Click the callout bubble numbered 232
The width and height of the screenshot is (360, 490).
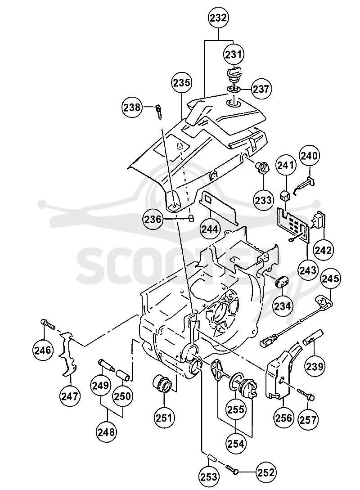(218, 18)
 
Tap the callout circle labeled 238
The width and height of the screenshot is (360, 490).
(131, 108)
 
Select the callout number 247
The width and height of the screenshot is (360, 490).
(69, 396)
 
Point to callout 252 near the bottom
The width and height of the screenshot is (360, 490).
(266, 472)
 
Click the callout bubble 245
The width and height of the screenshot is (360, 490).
(331, 279)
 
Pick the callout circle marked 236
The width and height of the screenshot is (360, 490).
(153, 220)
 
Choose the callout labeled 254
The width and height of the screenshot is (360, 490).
(236, 443)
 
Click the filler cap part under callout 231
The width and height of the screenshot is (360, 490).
(234, 74)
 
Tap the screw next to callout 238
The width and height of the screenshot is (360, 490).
(159, 112)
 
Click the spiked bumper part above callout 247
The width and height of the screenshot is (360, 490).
(68, 353)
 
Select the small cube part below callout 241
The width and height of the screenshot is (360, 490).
(285, 195)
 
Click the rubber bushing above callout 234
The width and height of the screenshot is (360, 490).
(282, 281)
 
